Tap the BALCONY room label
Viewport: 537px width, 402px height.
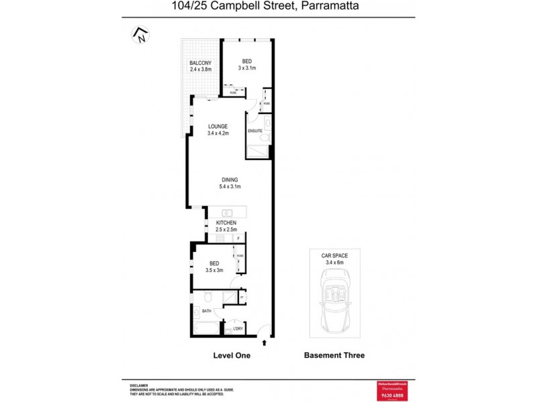[x=200, y=63]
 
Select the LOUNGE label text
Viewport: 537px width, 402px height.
[x=217, y=126]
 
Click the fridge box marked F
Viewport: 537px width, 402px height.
[x=238, y=239]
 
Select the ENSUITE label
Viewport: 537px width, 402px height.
[x=255, y=131]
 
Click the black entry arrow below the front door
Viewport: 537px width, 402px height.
[x=264, y=342]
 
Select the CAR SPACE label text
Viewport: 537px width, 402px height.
[x=334, y=256]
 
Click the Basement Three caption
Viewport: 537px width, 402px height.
[x=334, y=355]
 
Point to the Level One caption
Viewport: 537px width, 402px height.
[x=231, y=355]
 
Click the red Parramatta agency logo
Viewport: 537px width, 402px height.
[x=393, y=389]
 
